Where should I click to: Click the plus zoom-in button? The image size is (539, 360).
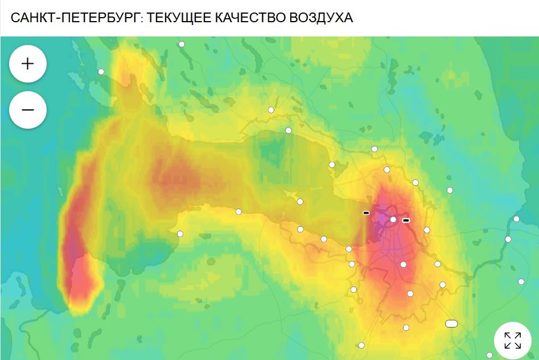pos(27,63)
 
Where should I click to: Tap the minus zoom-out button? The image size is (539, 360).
pos(27,109)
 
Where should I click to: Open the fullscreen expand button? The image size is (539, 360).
pos(512,340)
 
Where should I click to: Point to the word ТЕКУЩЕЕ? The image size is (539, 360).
pos(178,18)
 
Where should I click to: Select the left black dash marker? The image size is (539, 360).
pos(366,213)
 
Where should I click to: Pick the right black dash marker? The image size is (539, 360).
pos(406,220)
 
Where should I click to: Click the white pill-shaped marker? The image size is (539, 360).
pos(451,324)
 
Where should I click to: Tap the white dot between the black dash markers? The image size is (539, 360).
pos(393,219)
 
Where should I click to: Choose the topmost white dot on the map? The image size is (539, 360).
pos(182,44)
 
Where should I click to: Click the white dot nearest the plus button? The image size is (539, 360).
pos(101,72)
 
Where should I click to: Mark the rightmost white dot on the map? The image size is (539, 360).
pos(521,281)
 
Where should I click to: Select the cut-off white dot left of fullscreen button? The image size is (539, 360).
pos(489,355)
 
